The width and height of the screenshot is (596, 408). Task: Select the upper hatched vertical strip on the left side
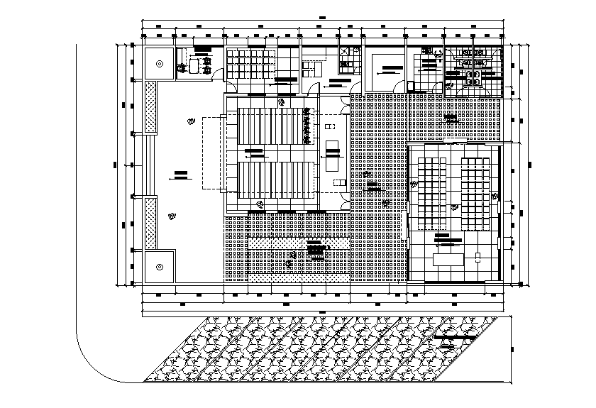tap(150, 107)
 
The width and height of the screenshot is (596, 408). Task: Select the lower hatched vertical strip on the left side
tap(150, 222)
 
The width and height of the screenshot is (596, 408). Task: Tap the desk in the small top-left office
tap(194, 66)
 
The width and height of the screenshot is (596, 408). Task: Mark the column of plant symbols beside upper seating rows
tap(307, 125)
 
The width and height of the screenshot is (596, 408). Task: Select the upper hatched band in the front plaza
tap(298, 242)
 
